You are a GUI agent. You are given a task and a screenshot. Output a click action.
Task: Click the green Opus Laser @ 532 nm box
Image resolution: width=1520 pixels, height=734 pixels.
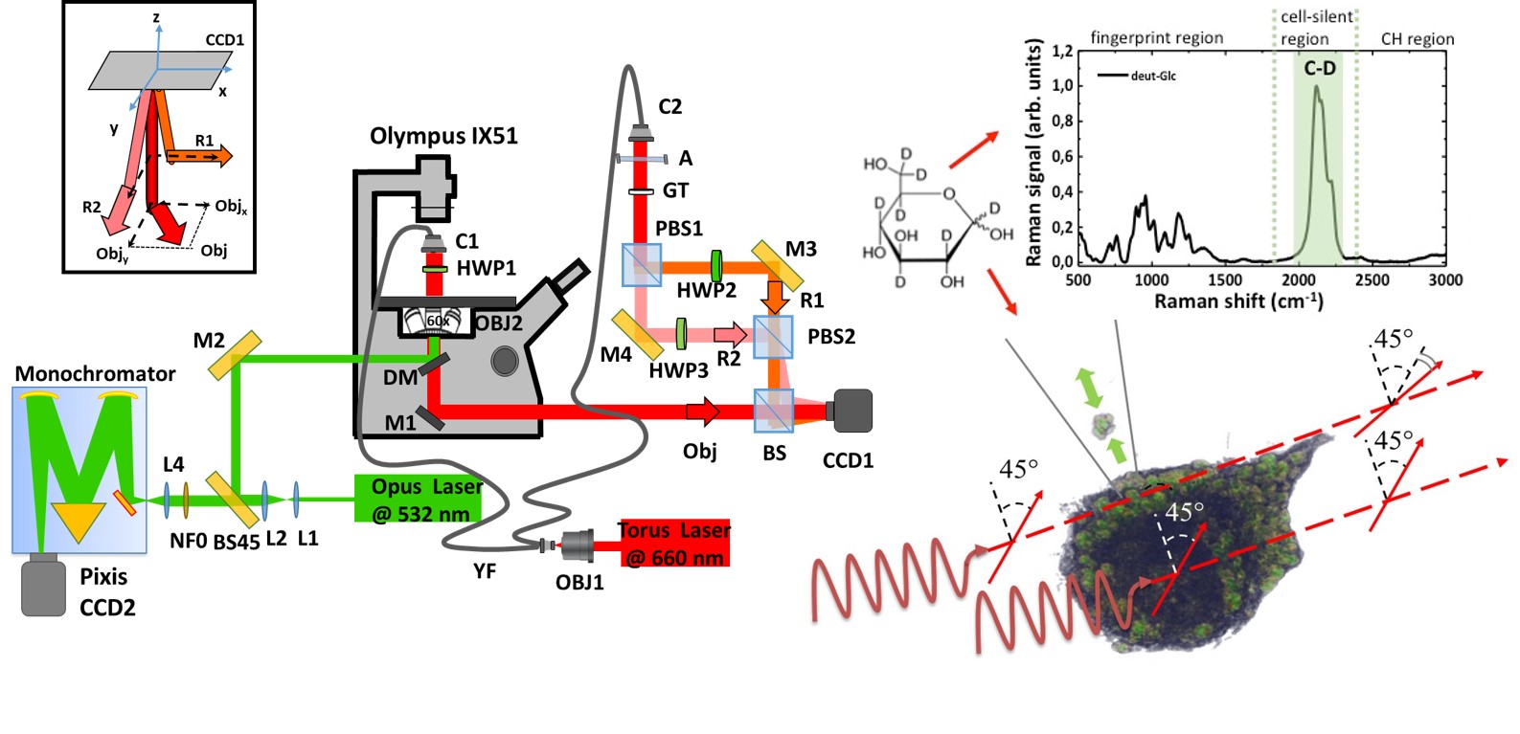[x=418, y=499]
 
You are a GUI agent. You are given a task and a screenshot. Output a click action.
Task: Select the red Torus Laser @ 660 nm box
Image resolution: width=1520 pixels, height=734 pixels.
[x=674, y=543]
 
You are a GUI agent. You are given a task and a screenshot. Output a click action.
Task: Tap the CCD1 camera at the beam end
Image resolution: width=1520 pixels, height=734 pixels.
[x=853, y=411]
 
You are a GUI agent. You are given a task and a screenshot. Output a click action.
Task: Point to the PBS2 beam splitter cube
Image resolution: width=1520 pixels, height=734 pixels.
[x=773, y=336]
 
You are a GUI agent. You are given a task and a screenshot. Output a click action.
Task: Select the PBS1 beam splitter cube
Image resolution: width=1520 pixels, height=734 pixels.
[x=641, y=265]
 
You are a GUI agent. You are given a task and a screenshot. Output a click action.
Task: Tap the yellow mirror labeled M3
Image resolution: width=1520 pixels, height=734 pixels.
[x=777, y=264]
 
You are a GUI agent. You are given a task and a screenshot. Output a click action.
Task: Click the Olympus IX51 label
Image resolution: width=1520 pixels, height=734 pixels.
[x=443, y=136]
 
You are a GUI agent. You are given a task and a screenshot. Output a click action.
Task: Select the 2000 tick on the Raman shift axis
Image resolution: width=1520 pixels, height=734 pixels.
[x=1299, y=279]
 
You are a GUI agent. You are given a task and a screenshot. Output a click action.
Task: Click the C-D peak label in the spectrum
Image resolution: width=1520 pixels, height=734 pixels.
[x=1319, y=68]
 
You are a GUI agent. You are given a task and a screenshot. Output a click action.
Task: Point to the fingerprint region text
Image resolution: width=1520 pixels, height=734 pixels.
[x=1156, y=37]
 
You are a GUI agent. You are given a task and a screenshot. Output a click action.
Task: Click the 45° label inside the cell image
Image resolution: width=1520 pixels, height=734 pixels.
[x=1184, y=511]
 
